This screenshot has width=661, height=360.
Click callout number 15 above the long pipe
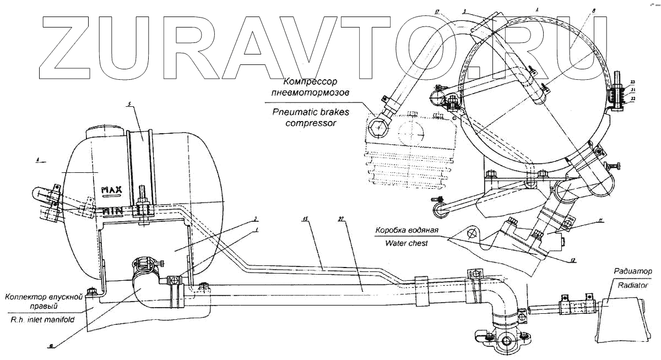pyautogui.click(x=305, y=219)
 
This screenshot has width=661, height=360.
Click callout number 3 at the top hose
pyautogui.click(x=465, y=10)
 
